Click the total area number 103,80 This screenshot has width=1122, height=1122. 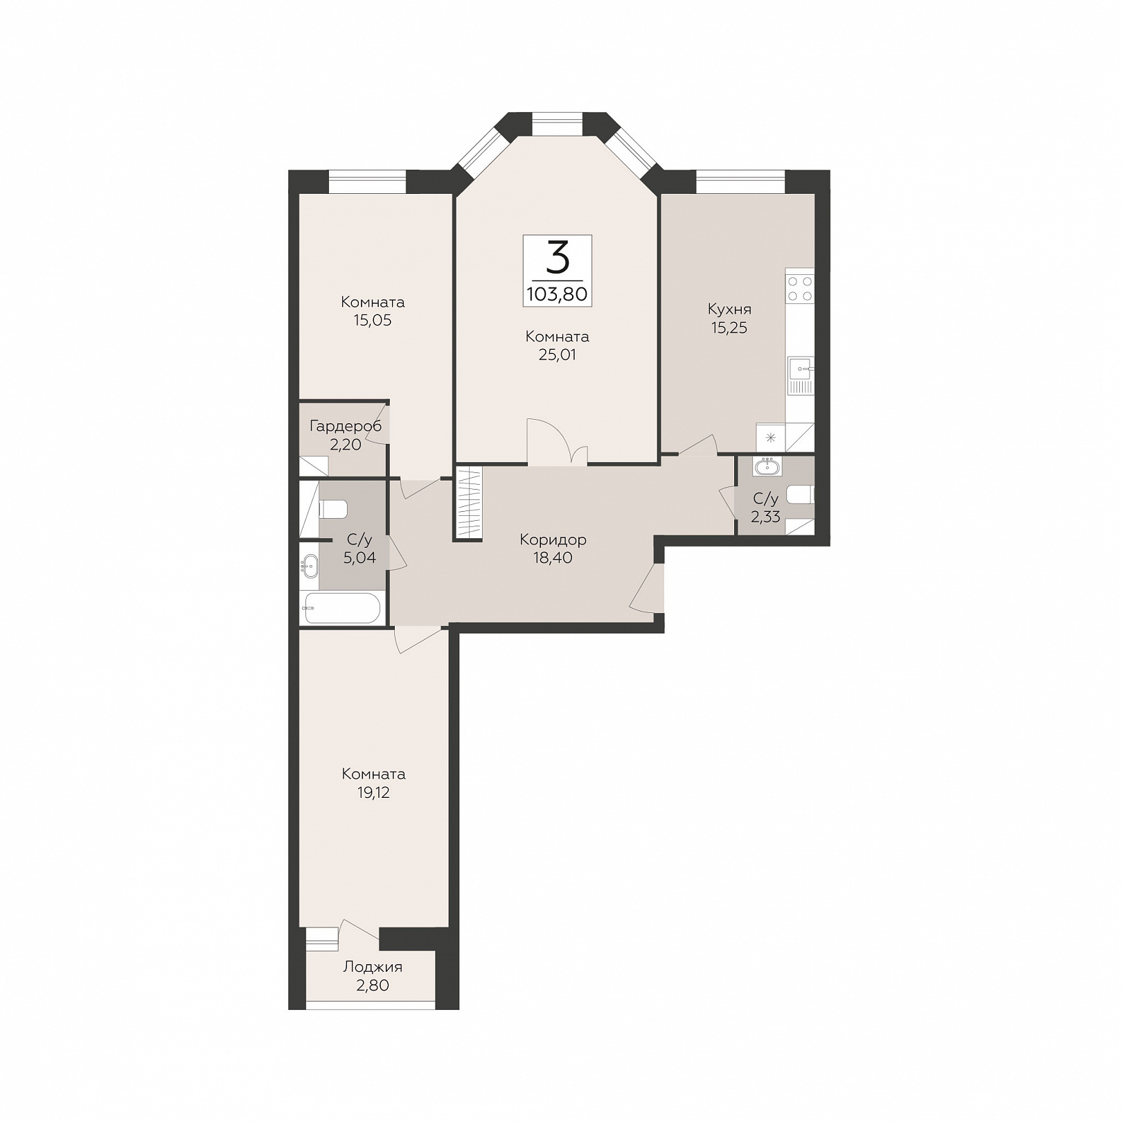point(557,294)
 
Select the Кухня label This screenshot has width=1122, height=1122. point(729,310)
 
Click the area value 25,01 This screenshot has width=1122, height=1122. point(558,355)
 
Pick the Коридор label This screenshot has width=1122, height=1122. point(553,540)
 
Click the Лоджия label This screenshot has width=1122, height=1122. point(373,967)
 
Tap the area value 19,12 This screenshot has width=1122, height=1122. point(373,793)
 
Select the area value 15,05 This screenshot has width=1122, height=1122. point(373,321)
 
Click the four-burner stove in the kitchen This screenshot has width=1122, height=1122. point(800,288)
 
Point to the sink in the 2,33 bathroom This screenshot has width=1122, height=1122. point(767,467)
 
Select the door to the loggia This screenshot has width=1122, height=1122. point(359,931)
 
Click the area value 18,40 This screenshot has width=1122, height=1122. point(553,558)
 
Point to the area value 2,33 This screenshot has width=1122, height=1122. point(766,517)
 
